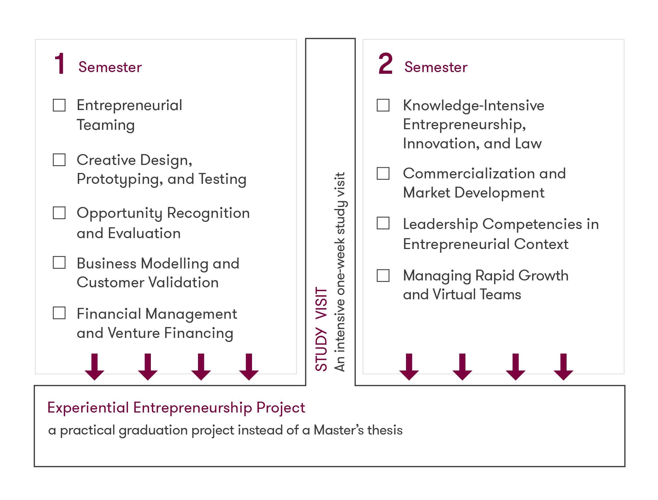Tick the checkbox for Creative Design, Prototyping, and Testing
(x=59, y=160)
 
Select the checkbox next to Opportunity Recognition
(x=59, y=213)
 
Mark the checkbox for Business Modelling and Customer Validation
(x=59, y=262)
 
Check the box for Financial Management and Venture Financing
(x=59, y=313)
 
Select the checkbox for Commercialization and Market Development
(x=383, y=173)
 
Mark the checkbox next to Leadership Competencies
(x=383, y=223)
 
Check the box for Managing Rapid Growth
(x=383, y=276)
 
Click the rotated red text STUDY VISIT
(x=321, y=329)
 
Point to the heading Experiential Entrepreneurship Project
(x=176, y=408)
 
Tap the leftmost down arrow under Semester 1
(x=95, y=367)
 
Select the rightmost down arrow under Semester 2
(x=563, y=367)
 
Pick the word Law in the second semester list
(x=528, y=144)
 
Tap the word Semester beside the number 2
(x=436, y=67)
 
